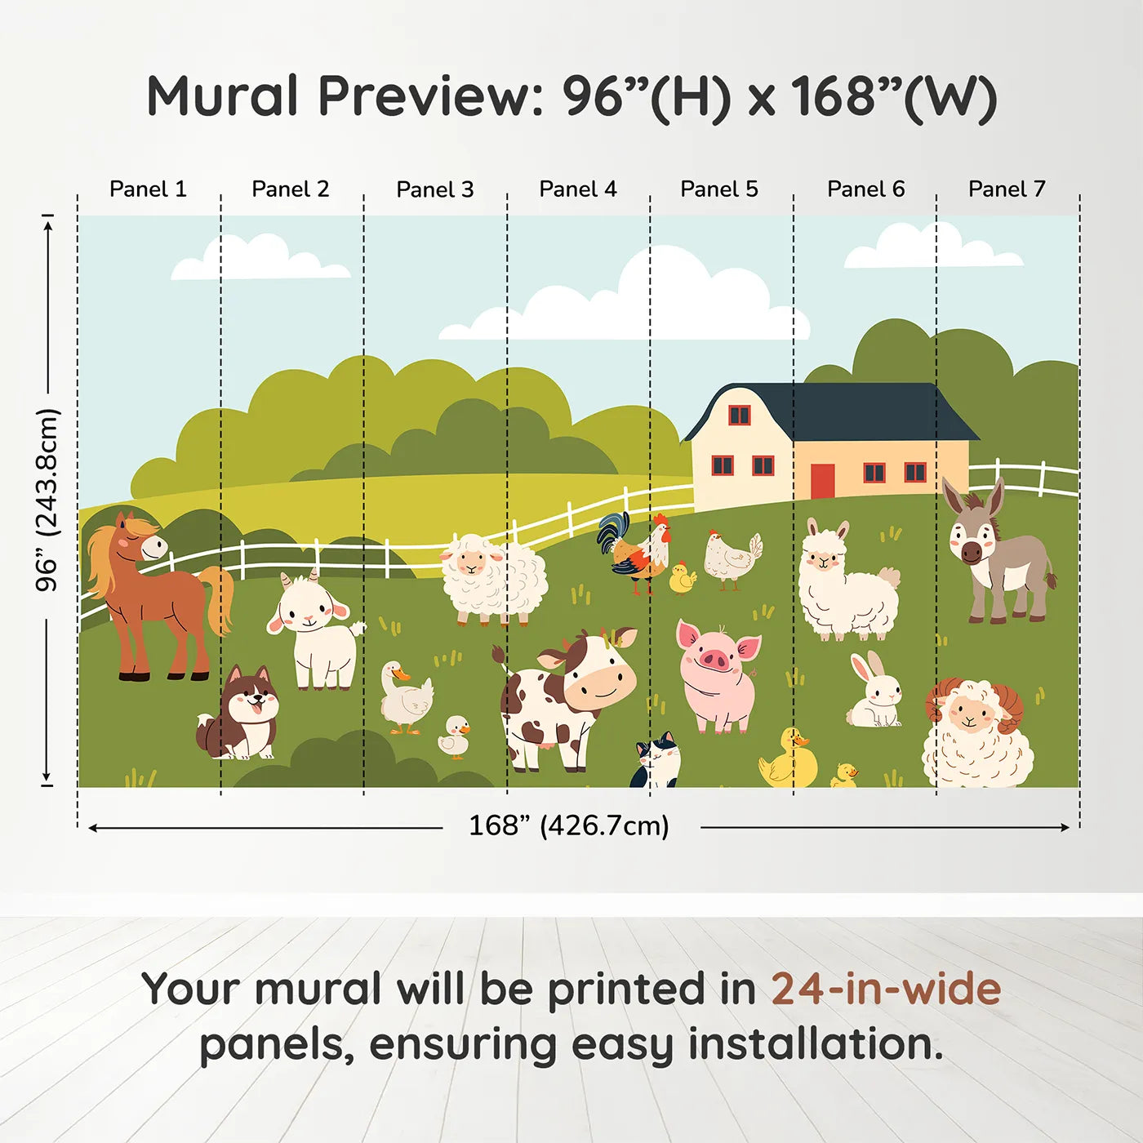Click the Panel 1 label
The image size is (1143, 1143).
click(x=148, y=189)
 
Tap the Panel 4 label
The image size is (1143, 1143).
click(x=577, y=189)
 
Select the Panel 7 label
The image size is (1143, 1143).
click(x=1006, y=189)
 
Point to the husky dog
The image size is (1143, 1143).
click(x=243, y=715)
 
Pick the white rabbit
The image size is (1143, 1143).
click(x=875, y=694)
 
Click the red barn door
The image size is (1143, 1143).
click(x=822, y=481)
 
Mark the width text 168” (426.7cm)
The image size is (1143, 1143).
click(x=568, y=826)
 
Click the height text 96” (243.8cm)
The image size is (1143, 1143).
click(x=47, y=500)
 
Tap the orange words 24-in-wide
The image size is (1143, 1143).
click(x=886, y=990)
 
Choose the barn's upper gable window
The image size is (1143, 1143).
click(x=739, y=415)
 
